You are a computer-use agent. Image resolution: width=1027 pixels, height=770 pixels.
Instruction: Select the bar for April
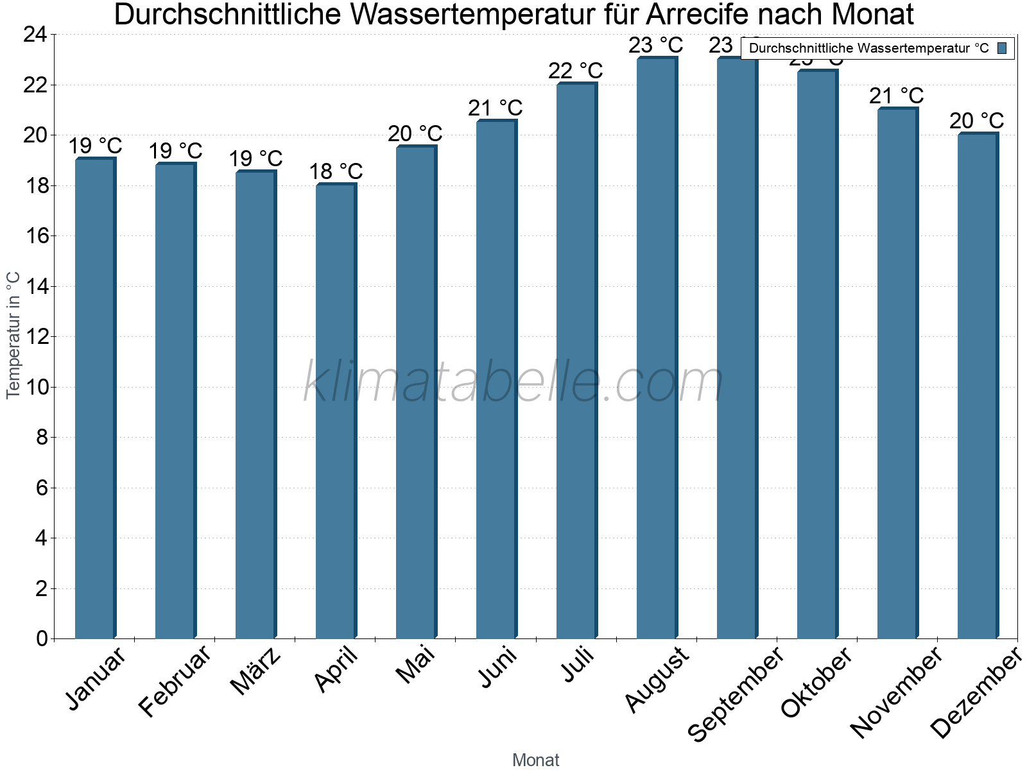click(x=335, y=411)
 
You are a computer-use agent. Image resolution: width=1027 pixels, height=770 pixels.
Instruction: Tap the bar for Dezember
click(x=977, y=385)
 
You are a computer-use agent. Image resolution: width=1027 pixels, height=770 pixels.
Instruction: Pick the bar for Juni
click(x=496, y=379)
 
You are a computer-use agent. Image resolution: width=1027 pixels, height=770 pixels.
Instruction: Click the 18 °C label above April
click(x=336, y=171)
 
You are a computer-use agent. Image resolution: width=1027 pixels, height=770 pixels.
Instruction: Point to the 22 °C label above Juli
click(x=576, y=71)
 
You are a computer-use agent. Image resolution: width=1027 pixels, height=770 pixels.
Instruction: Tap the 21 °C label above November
click(x=897, y=96)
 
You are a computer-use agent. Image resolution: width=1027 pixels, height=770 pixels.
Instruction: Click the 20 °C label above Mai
click(x=415, y=133)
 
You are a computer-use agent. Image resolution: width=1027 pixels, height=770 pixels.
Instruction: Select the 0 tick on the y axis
click(x=42, y=638)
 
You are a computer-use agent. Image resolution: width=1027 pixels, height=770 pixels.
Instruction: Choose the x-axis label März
click(x=255, y=672)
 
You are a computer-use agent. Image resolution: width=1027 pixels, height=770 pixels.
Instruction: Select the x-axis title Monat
click(x=536, y=760)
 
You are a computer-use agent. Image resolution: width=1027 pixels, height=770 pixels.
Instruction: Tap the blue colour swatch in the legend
click(x=1003, y=48)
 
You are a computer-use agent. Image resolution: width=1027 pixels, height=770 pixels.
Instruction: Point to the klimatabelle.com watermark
click(x=513, y=382)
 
